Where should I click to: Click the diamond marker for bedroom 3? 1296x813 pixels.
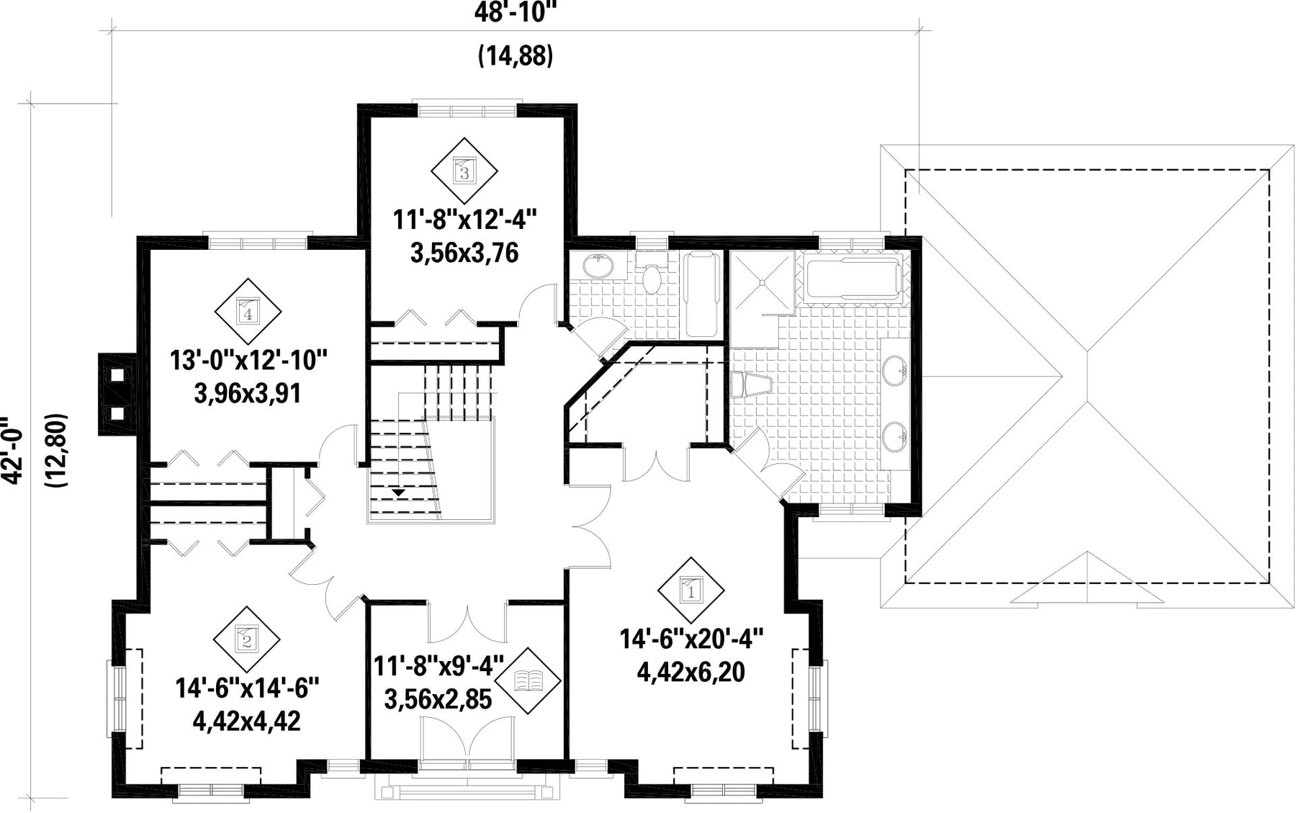(x=464, y=171)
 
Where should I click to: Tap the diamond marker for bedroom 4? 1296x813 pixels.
(x=248, y=312)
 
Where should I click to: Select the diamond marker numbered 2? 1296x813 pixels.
(x=247, y=639)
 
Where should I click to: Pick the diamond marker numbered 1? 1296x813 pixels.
(x=690, y=590)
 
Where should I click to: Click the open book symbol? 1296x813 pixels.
(x=528, y=681)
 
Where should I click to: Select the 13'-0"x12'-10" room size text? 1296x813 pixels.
(x=248, y=359)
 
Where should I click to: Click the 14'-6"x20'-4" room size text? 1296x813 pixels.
(x=691, y=638)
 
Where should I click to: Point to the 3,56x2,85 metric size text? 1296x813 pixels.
(x=438, y=699)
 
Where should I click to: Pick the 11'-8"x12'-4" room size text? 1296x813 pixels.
(x=465, y=219)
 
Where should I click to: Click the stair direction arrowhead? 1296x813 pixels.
(x=397, y=493)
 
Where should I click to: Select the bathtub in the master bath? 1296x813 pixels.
(x=853, y=279)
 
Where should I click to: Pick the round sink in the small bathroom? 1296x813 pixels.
(x=598, y=267)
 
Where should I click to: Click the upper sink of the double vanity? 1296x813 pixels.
(x=894, y=370)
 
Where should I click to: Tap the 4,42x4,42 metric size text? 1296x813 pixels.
(x=247, y=721)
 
